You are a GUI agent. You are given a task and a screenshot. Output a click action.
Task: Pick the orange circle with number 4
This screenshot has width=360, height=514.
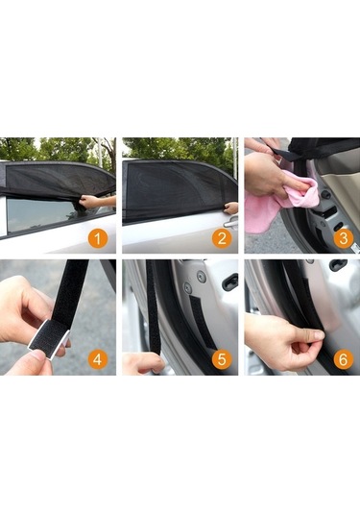tap(99, 360)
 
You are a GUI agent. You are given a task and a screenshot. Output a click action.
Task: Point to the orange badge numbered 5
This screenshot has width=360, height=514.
tap(221, 360)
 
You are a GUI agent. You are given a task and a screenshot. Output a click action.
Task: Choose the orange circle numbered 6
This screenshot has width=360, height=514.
tap(343, 360)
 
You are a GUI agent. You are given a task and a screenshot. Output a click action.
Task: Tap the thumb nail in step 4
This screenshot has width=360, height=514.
tap(36, 356)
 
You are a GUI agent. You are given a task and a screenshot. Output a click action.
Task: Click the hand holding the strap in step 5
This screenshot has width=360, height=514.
tap(142, 363)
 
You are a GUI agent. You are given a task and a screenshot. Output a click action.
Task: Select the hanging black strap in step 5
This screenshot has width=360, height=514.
tap(154, 307)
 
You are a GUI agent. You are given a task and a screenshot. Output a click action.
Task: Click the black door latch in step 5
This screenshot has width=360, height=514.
tap(229, 281)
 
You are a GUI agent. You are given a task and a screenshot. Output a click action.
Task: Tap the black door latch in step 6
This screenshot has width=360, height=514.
tap(338, 265)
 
